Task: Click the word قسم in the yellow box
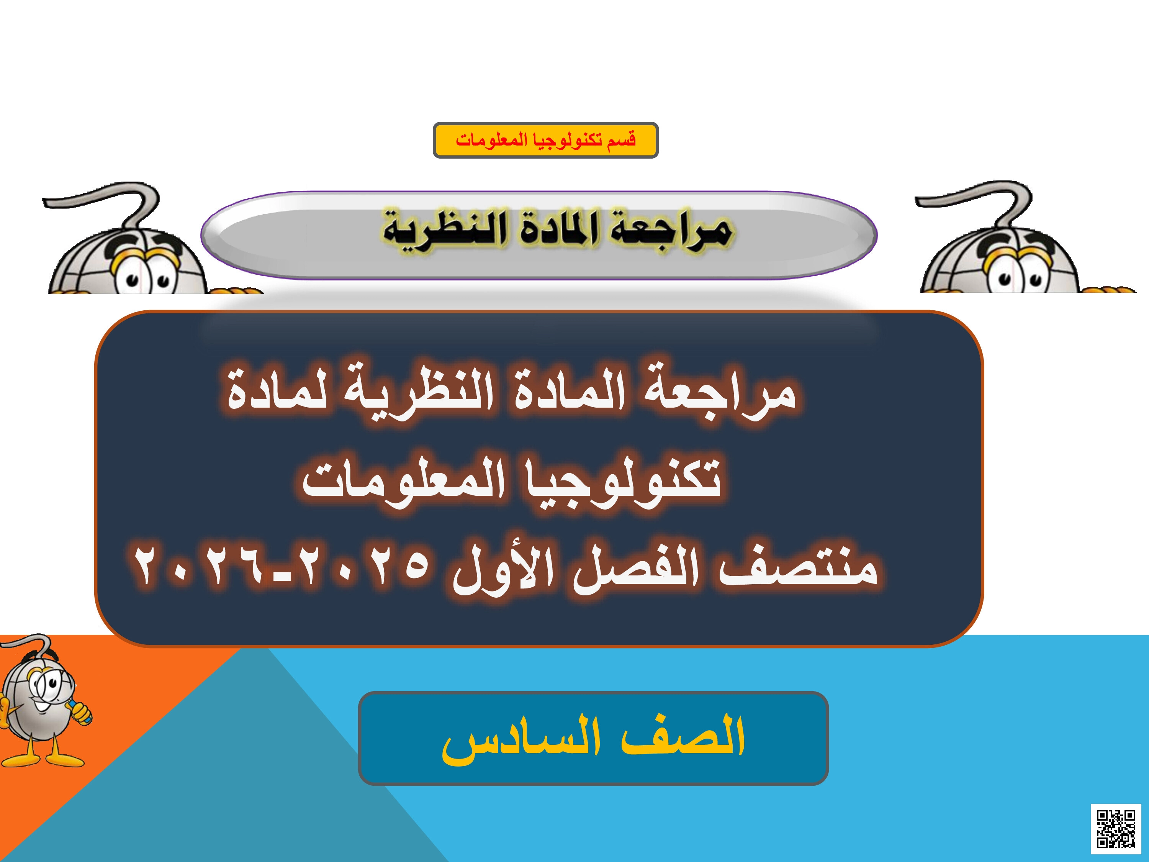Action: point(622,140)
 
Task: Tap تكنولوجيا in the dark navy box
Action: point(623,481)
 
